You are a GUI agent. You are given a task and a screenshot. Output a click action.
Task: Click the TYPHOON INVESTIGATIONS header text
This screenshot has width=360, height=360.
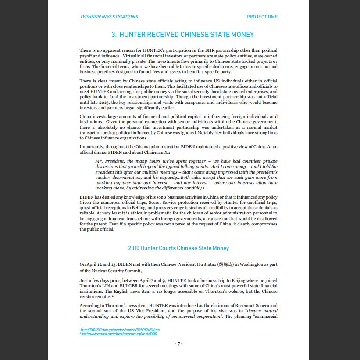[x=109, y=17]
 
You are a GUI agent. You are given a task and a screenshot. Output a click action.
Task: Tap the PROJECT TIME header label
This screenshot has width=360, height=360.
[x=262, y=17]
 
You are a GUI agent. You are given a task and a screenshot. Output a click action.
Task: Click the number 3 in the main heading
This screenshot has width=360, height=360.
[x=113, y=35]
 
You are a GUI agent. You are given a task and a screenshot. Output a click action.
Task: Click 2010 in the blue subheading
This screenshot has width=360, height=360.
[x=134, y=248]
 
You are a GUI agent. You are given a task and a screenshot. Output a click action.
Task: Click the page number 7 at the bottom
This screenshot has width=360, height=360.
[x=178, y=344]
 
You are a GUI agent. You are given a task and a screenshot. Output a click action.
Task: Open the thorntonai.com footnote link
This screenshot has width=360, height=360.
[x=119, y=334]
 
